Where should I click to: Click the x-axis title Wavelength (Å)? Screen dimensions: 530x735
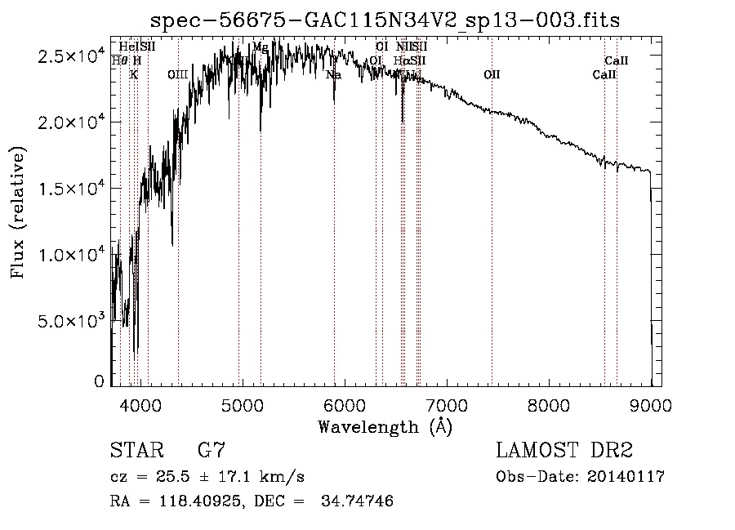pyautogui.click(x=385, y=426)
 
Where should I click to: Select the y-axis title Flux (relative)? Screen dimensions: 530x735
pyautogui.click(x=18, y=212)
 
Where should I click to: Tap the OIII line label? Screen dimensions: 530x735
pyautogui.click(x=178, y=74)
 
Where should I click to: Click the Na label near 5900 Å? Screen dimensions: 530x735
pyautogui.click(x=333, y=74)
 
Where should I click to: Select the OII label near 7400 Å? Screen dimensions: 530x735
pyautogui.click(x=492, y=74)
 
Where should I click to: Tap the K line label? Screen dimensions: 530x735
pyautogui.click(x=134, y=74)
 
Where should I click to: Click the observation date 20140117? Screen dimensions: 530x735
pyautogui.click(x=630, y=477)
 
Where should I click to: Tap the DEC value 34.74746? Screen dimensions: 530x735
pyautogui.click(x=359, y=501)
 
